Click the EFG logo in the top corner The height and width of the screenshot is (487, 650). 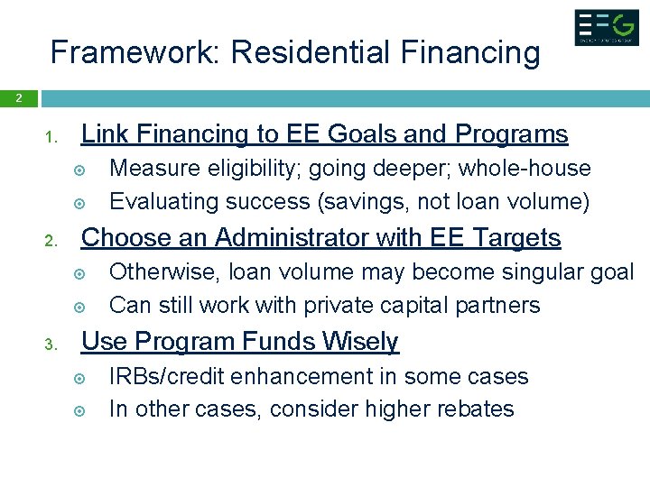[607, 27]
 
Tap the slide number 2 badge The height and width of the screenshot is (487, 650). [18, 98]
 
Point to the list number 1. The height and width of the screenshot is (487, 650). [52, 139]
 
